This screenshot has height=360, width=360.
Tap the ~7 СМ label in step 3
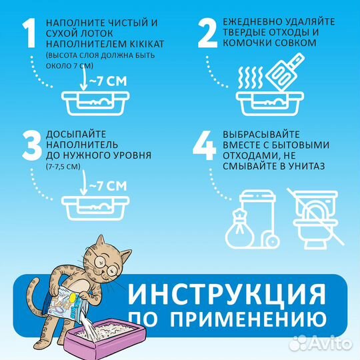click(107, 185)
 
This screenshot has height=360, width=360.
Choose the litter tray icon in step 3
click(96, 206)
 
